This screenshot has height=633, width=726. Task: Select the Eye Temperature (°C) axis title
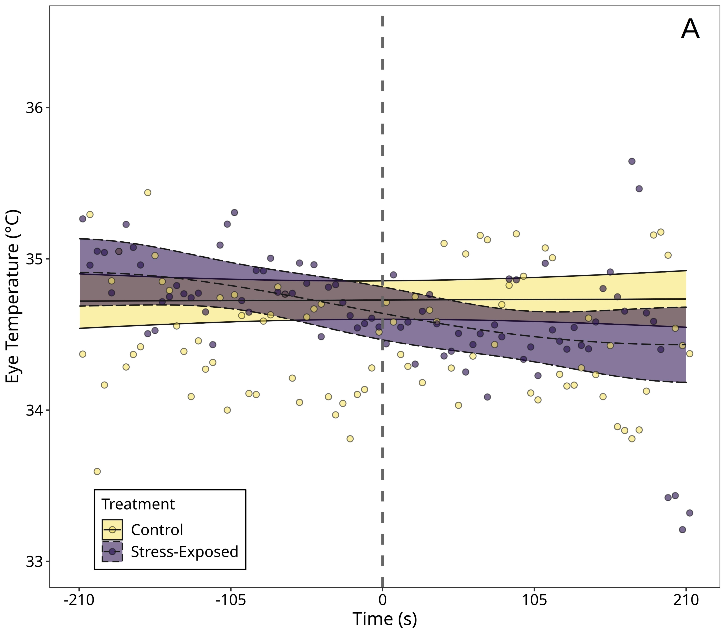13,297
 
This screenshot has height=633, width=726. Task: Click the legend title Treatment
138,504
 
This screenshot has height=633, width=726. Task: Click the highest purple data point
632,161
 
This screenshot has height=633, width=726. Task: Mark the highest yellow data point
148,192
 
